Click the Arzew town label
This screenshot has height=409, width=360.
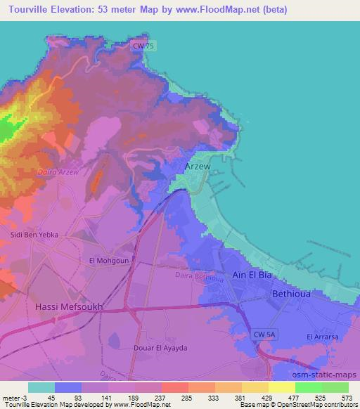click(197, 167)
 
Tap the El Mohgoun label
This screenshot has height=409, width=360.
click(106, 260)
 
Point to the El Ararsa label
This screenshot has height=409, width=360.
click(323, 337)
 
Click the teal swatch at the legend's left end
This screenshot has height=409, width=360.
click(41, 387)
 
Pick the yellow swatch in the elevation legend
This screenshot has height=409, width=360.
click(281, 387)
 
